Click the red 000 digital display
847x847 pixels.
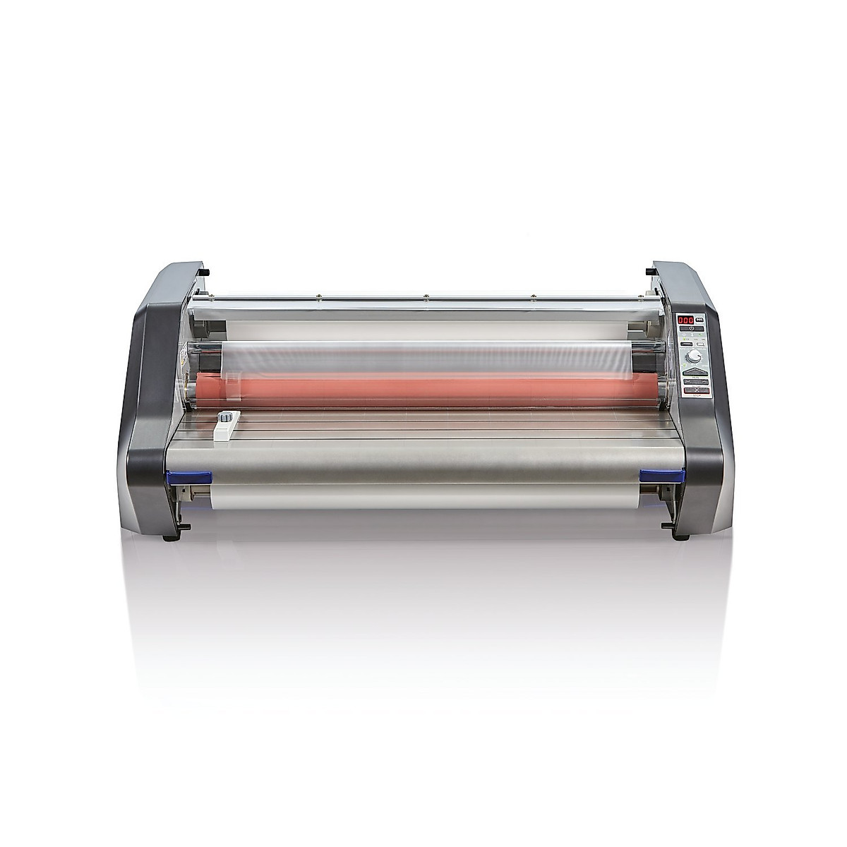pos(685,320)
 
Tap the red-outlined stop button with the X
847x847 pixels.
pos(697,390)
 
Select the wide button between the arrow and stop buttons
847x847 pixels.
pos(697,381)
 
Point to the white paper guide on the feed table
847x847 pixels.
pos(227,428)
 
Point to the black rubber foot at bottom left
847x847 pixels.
pos(169,538)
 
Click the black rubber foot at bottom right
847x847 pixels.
pos(680,536)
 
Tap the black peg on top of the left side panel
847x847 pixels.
pos(203,271)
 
